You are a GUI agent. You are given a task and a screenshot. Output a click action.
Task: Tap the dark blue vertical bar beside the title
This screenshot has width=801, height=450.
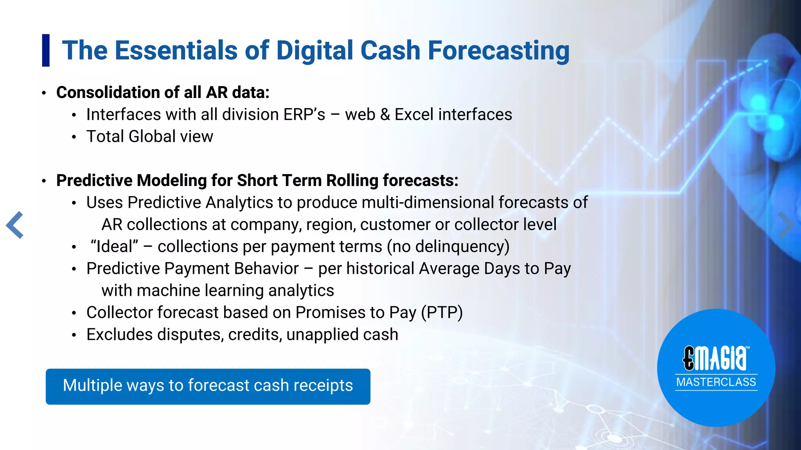[x=46, y=50]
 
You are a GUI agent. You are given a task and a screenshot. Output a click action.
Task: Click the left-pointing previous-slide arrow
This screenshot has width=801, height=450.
[x=15, y=225]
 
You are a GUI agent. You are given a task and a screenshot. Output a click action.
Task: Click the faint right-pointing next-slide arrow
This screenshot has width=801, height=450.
[x=785, y=225]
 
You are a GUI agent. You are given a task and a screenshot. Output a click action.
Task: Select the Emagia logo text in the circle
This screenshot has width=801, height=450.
[x=715, y=358]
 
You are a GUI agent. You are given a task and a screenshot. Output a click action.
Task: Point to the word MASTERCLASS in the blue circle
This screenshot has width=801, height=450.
[x=716, y=382]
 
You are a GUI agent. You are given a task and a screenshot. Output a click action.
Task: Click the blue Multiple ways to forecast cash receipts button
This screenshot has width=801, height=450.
[x=208, y=386]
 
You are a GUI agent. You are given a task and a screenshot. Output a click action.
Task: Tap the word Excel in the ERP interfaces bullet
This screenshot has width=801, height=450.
[x=414, y=115]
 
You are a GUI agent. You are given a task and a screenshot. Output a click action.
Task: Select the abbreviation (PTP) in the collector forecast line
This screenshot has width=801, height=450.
[x=442, y=313]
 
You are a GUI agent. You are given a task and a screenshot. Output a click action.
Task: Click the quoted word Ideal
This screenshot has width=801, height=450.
[x=114, y=247]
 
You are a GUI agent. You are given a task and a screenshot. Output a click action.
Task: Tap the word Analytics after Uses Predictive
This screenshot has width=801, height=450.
[x=239, y=203]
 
